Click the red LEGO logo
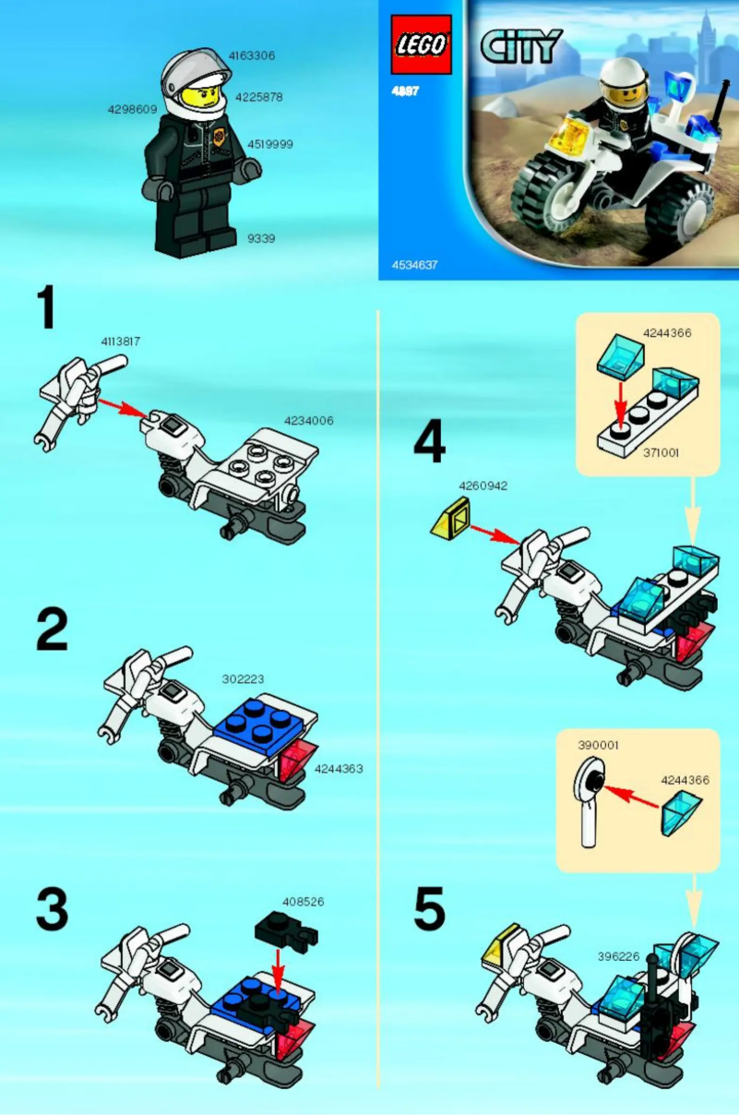click(421, 44)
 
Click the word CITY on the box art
click(520, 46)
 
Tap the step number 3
click(51, 909)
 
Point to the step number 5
click(429, 909)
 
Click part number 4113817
click(121, 341)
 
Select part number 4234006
click(308, 421)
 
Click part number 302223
click(243, 678)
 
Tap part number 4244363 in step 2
click(338, 768)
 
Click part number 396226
click(618, 956)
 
